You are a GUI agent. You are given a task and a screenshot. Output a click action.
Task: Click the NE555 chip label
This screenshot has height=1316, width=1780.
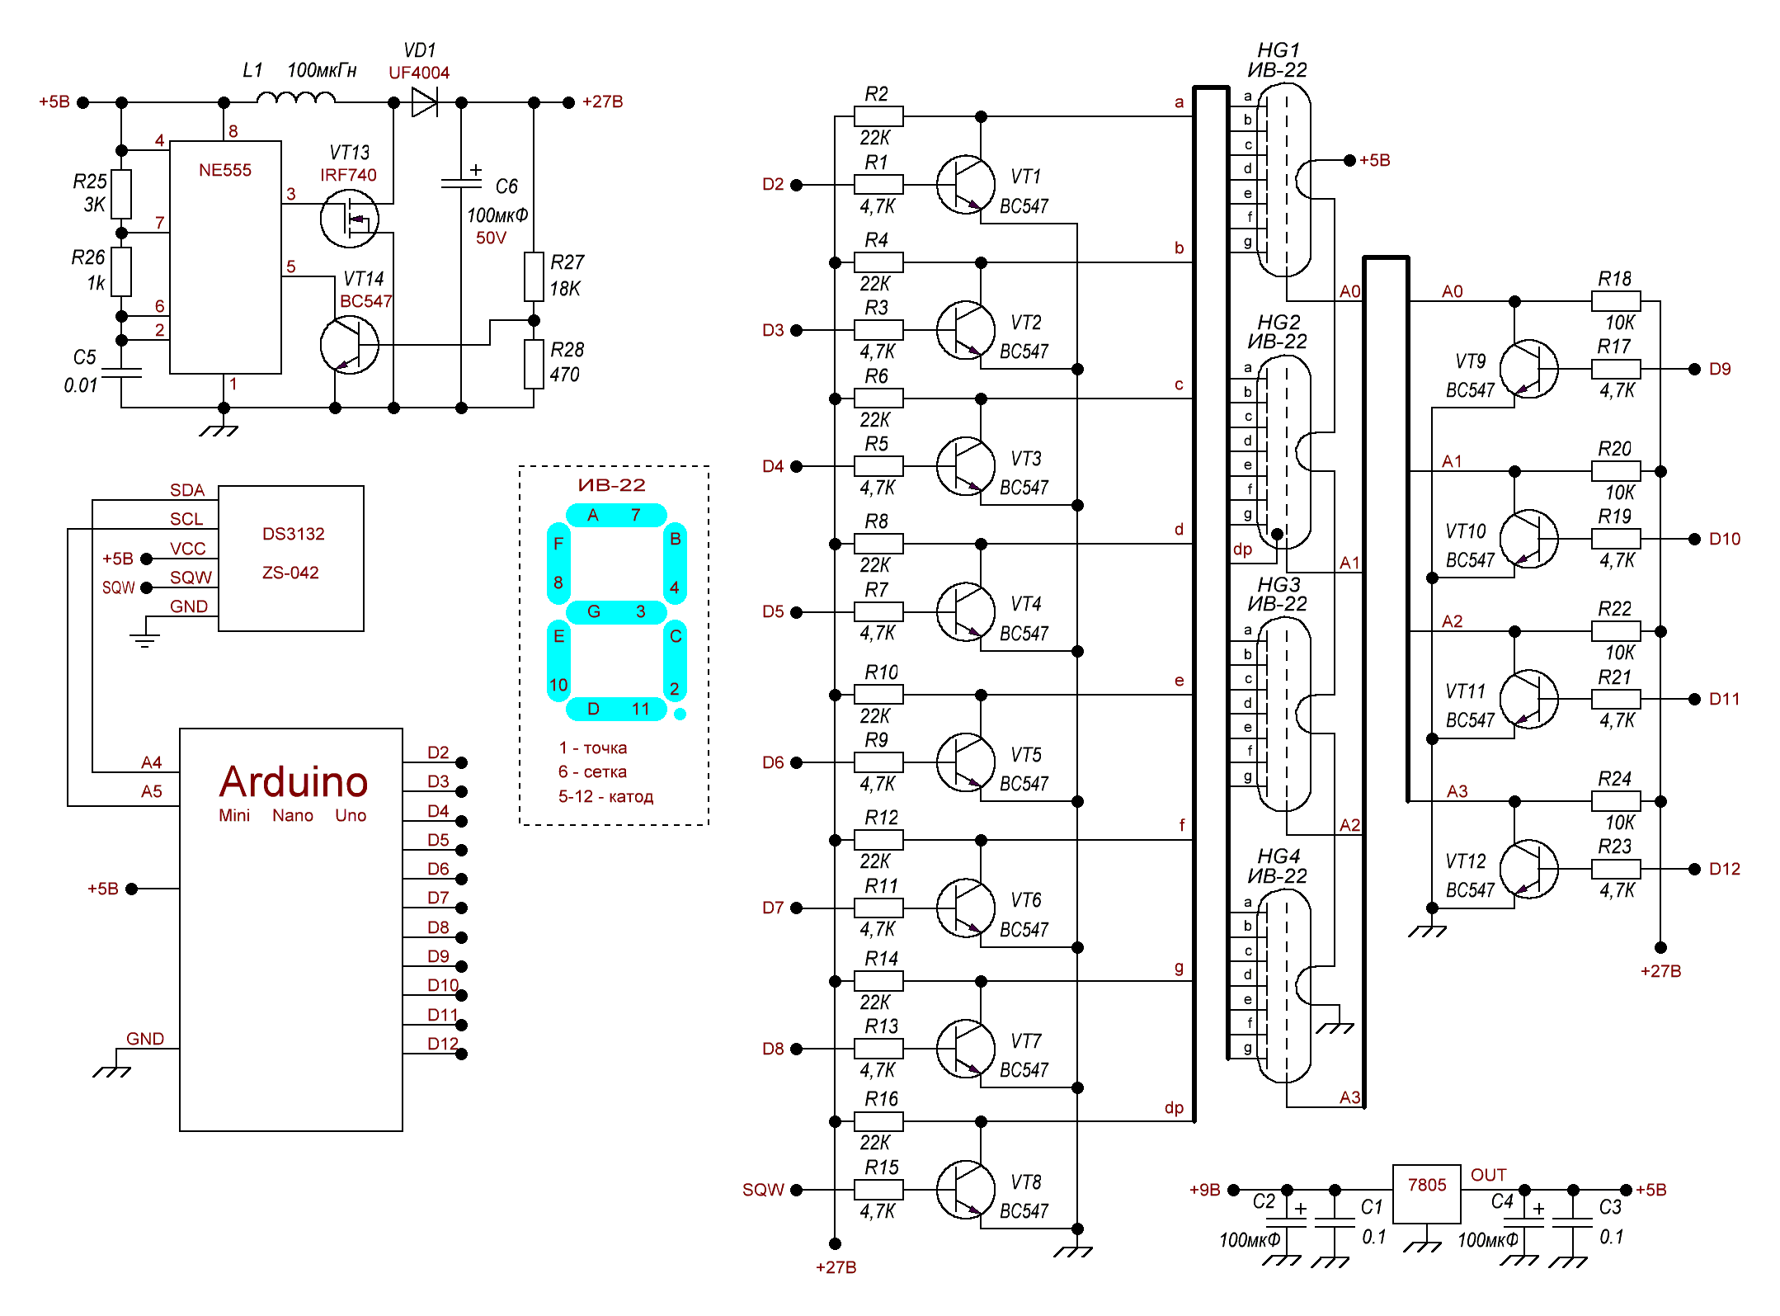coord(224,171)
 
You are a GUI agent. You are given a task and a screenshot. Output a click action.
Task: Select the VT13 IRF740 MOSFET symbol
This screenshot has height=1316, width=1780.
coord(349,219)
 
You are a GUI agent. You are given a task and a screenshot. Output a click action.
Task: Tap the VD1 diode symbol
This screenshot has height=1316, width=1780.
coord(425,102)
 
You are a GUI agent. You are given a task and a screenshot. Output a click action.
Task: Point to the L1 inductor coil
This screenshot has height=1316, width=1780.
coord(295,99)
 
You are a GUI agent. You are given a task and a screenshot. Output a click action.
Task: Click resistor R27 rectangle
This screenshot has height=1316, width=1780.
coord(534,276)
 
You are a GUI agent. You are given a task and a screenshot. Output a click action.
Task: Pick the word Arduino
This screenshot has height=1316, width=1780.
coord(294,781)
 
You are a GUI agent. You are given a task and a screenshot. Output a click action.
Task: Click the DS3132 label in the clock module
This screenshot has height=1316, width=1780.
coord(293,534)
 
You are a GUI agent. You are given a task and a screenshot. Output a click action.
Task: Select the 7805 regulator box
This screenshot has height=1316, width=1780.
coord(1426,1193)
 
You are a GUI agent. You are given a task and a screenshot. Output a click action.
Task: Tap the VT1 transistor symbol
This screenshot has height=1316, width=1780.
coord(965,185)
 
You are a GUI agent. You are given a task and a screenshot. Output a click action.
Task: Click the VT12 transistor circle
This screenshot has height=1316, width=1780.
coord(1528,869)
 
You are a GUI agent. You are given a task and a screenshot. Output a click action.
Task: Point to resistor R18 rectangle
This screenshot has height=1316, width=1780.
coord(1616,301)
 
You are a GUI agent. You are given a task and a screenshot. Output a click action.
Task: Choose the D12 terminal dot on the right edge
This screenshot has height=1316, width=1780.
coord(1694,869)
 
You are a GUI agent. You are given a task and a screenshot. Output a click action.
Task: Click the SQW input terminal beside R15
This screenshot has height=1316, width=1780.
coord(797,1190)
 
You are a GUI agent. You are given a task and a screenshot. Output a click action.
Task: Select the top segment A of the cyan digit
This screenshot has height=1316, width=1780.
coord(615,516)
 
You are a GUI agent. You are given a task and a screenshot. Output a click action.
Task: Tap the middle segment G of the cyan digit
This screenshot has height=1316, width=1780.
coord(615,611)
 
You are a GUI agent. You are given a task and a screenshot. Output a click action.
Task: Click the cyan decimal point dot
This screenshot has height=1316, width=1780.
coord(680,715)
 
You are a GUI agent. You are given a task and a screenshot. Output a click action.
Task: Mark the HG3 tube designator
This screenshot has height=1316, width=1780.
coord(1278,584)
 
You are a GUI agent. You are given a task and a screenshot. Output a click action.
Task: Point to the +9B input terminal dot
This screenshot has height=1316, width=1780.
coord(1234,1190)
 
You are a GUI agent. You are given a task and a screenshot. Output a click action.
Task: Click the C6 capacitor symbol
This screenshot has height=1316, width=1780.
coord(461,182)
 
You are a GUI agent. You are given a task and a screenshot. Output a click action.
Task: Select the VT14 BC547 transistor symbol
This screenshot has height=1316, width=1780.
coord(349,344)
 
